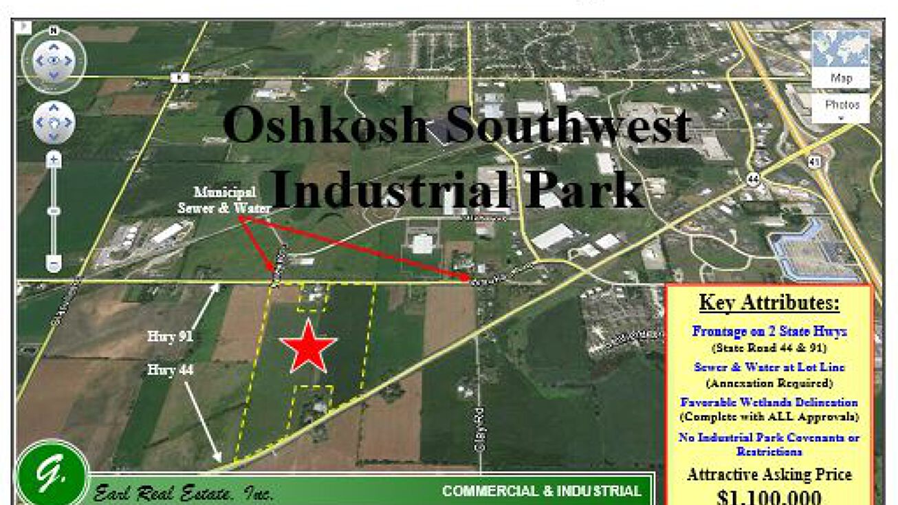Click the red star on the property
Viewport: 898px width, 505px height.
[307, 347]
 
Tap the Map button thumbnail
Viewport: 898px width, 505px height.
[840, 58]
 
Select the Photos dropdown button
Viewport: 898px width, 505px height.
[842, 108]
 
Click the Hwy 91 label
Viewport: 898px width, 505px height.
[170, 336]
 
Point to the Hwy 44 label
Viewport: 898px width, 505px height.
[170, 370]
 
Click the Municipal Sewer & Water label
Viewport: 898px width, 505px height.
[224, 200]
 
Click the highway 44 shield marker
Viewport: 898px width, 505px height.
[753, 179]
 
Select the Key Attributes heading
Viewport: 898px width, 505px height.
[769, 303]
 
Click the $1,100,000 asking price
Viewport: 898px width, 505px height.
[769, 497]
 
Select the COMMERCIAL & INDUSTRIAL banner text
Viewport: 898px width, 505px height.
[541, 491]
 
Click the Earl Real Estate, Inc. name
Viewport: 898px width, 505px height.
[184, 493]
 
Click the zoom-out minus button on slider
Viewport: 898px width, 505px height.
[54, 263]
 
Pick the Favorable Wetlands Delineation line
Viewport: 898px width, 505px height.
[769, 402]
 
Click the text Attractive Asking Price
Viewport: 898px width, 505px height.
[769, 474]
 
